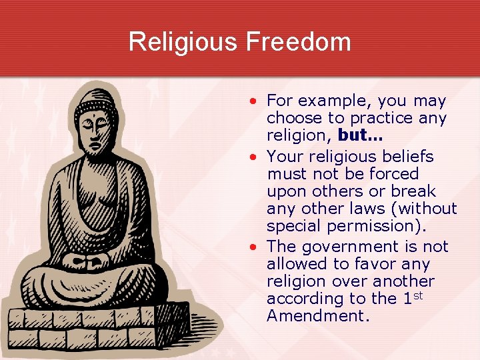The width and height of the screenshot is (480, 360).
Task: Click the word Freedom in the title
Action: [x=299, y=41]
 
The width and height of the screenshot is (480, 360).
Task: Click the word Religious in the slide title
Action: [x=183, y=41]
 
